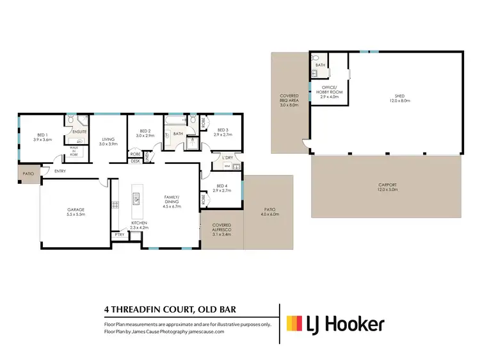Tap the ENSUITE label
[79, 131]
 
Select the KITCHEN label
[139, 224]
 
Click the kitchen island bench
[136, 203]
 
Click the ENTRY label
[60, 171]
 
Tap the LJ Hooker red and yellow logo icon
[294, 324]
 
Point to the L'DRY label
[226, 157]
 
